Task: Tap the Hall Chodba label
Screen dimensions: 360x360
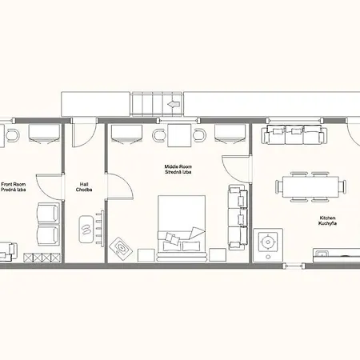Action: pos(84,187)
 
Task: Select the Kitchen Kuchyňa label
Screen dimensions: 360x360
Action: pos(327,221)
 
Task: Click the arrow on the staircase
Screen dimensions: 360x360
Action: pos(174,104)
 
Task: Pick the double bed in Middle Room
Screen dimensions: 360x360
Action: pos(182,228)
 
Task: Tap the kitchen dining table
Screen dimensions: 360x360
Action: pos(310,186)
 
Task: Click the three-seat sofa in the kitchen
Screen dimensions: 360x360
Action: pos(294,134)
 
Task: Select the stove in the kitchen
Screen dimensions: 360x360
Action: pos(268,245)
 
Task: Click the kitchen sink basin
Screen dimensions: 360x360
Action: pos(322,252)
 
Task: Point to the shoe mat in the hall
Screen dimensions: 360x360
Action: pos(86,230)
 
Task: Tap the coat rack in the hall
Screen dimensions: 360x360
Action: pos(100,228)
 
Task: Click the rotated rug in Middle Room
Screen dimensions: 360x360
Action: pos(121,248)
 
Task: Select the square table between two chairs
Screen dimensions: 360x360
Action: pos(179,135)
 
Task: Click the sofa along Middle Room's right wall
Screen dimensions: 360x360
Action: pos(238,217)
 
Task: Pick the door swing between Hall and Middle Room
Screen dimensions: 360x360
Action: pos(120,186)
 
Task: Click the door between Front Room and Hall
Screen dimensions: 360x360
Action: pos(50,186)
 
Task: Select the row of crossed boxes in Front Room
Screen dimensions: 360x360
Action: pos(42,258)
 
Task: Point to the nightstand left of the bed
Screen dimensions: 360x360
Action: pos(146,255)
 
